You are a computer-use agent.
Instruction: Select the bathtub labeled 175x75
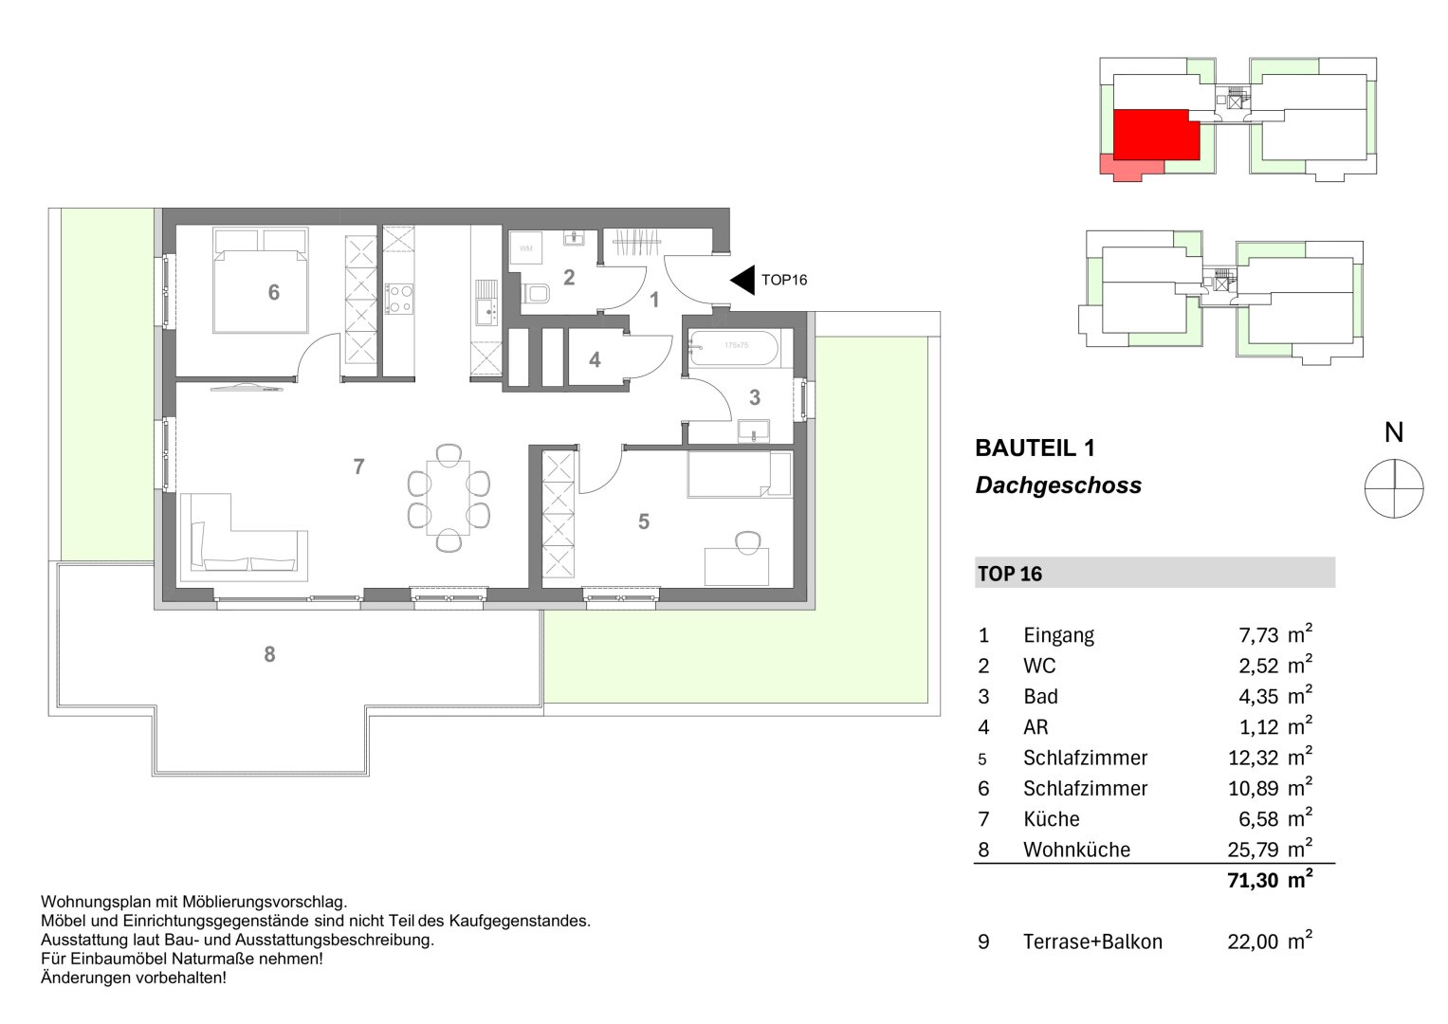point(735,348)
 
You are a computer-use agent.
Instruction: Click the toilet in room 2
point(537,293)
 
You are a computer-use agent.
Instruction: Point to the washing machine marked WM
point(526,249)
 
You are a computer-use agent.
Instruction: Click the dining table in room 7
point(448,498)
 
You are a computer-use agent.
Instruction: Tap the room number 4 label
point(595,360)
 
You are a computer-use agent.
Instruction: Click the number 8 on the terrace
point(269,654)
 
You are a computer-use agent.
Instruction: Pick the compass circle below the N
point(1393,487)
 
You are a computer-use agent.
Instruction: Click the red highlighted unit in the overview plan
point(1150,134)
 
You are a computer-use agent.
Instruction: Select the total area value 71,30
point(1253,881)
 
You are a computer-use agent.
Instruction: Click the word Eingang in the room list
point(1058,635)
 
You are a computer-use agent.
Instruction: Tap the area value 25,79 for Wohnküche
point(1253,850)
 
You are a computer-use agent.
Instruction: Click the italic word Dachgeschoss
point(1058,486)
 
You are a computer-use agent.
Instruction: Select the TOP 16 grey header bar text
point(1009,574)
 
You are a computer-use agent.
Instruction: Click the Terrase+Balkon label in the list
point(1092,942)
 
